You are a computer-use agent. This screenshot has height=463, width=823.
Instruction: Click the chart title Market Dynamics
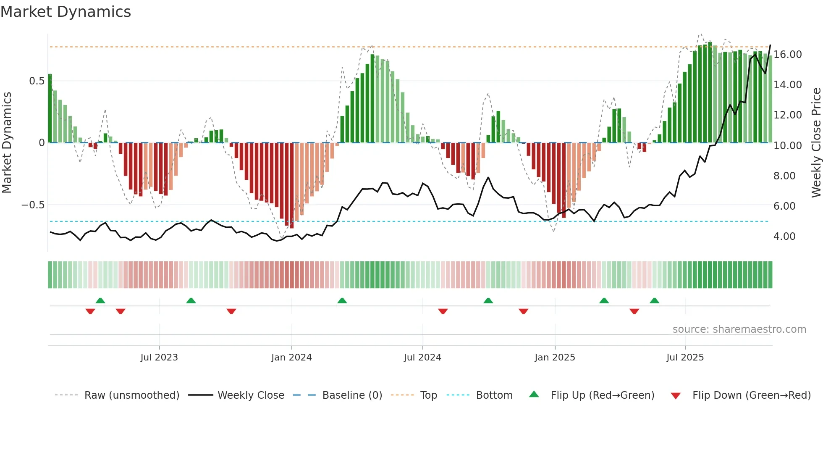(x=66, y=12)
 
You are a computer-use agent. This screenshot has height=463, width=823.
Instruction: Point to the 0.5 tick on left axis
(x=37, y=81)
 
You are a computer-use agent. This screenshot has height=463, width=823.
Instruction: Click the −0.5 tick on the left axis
(x=33, y=205)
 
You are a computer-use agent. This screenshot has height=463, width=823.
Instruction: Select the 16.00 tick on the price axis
(x=788, y=55)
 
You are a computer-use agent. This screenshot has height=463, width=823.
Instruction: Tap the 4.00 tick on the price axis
(x=784, y=237)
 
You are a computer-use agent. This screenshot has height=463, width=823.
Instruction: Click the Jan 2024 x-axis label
(x=291, y=358)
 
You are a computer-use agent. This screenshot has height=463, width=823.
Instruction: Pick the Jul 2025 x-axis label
(x=685, y=358)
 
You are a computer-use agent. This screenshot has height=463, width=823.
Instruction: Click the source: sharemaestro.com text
(x=739, y=329)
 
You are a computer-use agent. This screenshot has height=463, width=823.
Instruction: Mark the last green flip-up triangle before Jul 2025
(x=654, y=301)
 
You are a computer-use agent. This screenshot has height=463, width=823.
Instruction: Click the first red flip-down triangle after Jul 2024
(x=443, y=311)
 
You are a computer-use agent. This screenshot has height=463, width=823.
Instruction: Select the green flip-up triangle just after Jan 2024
(x=342, y=301)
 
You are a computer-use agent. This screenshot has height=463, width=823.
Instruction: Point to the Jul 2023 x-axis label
(x=159, y=358)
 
